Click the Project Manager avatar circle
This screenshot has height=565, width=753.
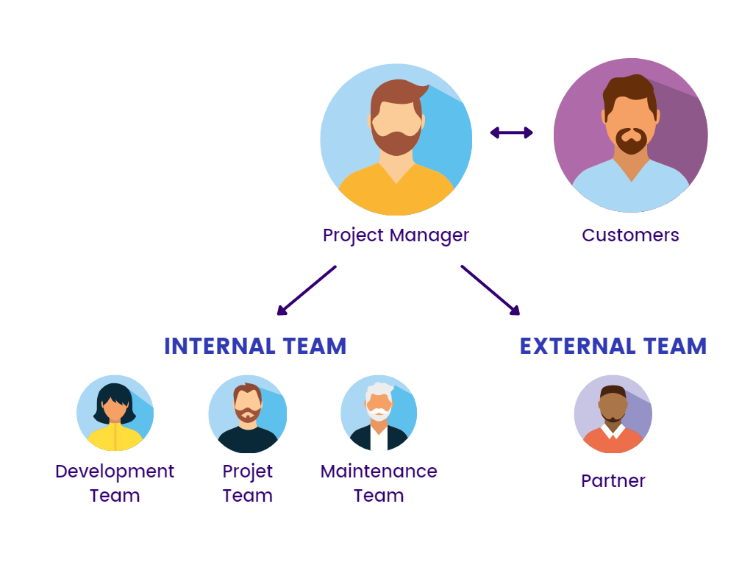coord(396,140)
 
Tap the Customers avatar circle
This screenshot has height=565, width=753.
coord(630,135)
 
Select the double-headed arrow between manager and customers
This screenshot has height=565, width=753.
coord(512,132)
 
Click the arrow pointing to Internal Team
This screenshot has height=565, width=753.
coord(306,290)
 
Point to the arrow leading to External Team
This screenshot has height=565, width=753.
coord(490,290)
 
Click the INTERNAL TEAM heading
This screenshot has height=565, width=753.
coord(255,347)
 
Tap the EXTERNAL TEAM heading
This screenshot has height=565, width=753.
coord(613,347)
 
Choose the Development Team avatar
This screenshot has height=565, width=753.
coord(115,413)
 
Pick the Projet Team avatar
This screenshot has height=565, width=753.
coord(247,413)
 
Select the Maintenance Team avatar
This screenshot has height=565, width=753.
coord(379,413)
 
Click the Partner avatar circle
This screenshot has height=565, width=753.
coord(613,414)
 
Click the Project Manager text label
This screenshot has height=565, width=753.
coord(396,235)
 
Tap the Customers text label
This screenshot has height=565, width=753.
coord(630,235)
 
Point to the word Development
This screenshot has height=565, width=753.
coord(115,472)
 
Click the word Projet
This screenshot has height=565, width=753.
coord(247,472)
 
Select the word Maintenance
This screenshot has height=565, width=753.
coord(379,472)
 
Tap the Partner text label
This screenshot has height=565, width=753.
coord(613,481)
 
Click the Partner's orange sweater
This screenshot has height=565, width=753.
coord(613,441)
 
